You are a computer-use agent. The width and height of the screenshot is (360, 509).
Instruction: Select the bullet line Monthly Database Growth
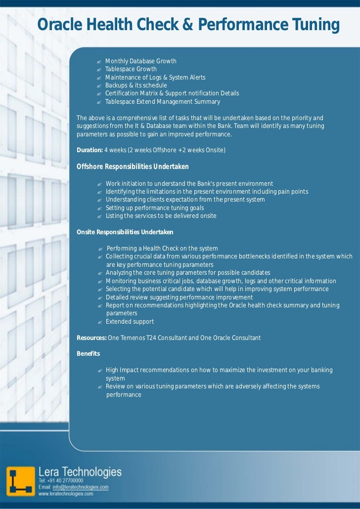tap(140, 61)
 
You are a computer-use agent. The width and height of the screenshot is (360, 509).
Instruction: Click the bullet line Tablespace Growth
tap(131, 69)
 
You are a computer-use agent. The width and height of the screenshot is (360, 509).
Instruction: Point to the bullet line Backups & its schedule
tap(136, 85)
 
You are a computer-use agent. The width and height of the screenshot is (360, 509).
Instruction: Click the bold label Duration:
tap(90, 150)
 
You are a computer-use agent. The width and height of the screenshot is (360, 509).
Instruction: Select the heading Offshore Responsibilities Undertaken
tap(133, 167)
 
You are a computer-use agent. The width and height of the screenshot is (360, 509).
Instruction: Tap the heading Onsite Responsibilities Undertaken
tap(125, 232)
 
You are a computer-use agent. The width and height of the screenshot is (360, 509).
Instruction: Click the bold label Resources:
tap(91, 338)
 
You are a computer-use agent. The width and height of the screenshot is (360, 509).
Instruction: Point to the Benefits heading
tap(88, 354)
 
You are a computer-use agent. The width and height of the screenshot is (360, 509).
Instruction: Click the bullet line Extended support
tap(130, 322)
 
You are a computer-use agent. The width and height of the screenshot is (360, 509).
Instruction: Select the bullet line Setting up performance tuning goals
tap(154, 208)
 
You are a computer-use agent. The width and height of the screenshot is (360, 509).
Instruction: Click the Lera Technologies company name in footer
tap(80, 471)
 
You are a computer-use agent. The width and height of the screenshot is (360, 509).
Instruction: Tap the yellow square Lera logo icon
tap(21, 480)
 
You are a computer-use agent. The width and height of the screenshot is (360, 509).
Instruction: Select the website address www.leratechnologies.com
tap(66, 493)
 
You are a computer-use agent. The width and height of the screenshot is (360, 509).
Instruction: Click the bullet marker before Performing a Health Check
tap(100, 249)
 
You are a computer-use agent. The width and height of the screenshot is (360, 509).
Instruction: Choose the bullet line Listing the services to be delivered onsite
tap(161, 216)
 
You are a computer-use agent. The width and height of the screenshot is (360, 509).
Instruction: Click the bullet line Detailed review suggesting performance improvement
tap(179, 297)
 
